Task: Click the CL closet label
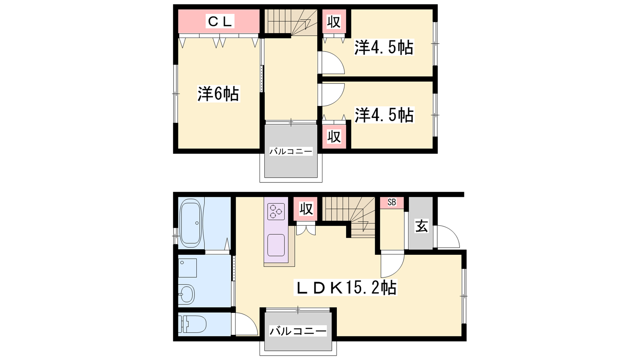[x=220, y=22]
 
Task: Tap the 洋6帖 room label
[x=218, y=94]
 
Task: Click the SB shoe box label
[x=392, y=202]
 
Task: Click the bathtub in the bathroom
[x=190, y=225]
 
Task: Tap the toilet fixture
[x=192, y=324]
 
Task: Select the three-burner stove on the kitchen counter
[x=276, y=212]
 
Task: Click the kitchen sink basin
[x=276, y=245]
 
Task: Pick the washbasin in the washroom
[x=186, y=294]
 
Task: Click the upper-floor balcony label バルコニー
[x=291, y=152]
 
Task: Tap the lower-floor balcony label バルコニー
[x=298, y=331]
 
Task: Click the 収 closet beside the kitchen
[x=306, y=209]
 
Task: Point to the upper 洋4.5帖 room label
[x=384, y=48]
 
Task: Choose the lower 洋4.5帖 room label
[x=384, y=115]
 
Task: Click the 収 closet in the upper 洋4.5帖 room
[x=334, y=22]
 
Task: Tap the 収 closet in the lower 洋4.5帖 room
[x=334, y=136]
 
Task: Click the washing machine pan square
[x=188, y=268]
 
